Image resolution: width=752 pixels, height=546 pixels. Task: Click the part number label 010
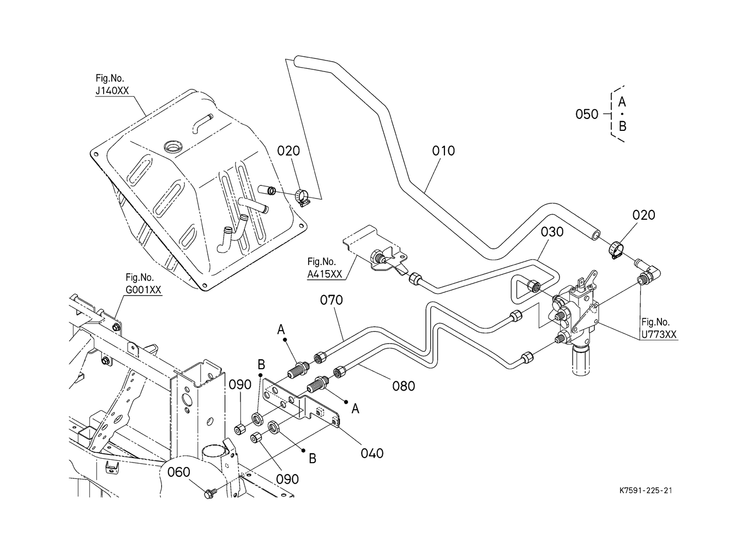[443, 151]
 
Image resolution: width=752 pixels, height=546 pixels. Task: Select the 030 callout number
[552, 232]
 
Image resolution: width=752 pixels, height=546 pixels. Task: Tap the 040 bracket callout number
[372, 453]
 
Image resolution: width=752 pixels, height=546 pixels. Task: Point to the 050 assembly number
[587, 115]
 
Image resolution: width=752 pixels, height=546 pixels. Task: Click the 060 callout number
[179, 472]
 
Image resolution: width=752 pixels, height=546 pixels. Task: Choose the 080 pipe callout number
[404, 386]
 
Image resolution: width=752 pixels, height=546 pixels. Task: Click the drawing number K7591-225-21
[645, 490]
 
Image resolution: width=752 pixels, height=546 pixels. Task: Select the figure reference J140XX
[112, 91]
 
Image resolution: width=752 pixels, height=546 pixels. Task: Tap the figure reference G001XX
[143, 290]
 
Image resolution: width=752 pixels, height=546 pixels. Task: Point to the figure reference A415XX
[325, 274]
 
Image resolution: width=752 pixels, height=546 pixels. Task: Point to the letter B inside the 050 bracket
[622, 127]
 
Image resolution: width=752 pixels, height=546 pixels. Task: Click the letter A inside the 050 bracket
[622, 102]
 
